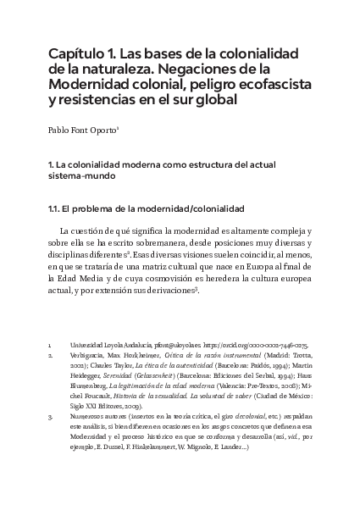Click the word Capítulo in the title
pos(78,56)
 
